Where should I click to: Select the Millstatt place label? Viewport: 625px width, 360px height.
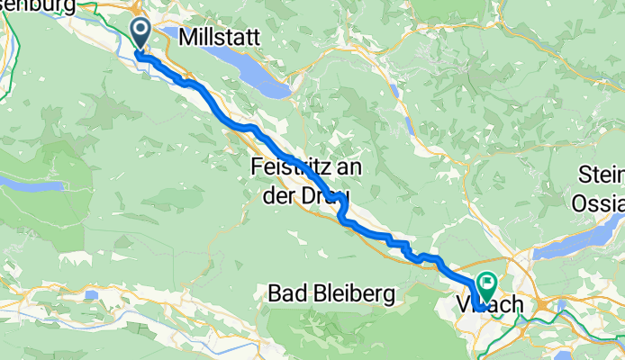pos(220,37)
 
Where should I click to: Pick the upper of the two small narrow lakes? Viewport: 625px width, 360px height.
pos(397,90)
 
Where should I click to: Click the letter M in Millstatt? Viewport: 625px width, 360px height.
pos(188,37)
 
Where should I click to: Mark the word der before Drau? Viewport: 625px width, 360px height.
pos(278,194)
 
